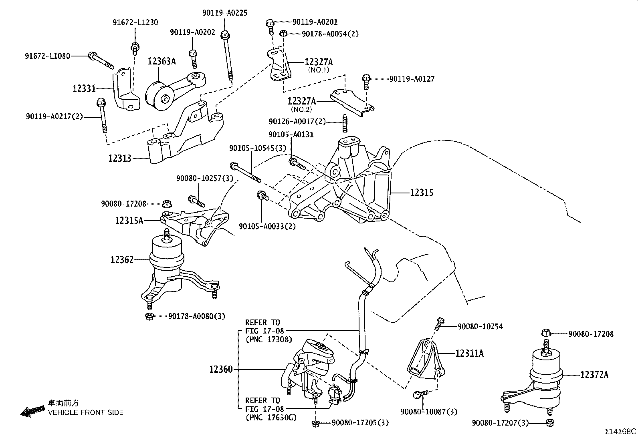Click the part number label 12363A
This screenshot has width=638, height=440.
[162, 61]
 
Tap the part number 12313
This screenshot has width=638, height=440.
[119, 158]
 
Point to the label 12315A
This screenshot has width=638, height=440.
[129, 220]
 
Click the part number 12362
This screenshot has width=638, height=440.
[122, 260]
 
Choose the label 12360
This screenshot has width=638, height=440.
[220, 369]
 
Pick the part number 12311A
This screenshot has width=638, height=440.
[469, 353]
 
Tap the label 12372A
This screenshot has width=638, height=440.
[594, 375]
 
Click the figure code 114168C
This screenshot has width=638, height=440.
[621, 432]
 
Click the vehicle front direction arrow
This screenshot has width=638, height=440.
[32, 411]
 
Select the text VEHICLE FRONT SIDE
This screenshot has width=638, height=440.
[86, 412]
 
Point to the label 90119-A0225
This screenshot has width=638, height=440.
[224, 13]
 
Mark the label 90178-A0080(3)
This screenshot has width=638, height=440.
[196, 316]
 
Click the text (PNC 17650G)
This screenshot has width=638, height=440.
[271, 418]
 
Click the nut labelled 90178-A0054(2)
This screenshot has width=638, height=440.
[283, 34]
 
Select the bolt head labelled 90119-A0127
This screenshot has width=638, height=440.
[366, 78]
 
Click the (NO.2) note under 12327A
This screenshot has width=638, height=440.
[301, 109]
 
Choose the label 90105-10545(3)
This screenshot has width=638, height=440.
[258, 148]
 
